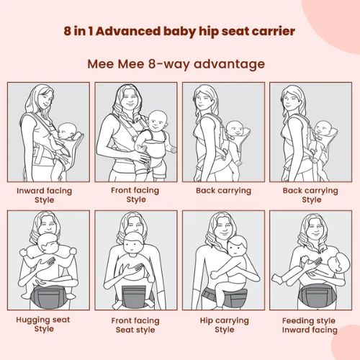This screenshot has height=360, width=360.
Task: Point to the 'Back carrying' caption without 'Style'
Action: point(223,191)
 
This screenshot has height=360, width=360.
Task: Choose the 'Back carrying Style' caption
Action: point(311,195)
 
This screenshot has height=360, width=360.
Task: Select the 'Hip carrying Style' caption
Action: point(224,325)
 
